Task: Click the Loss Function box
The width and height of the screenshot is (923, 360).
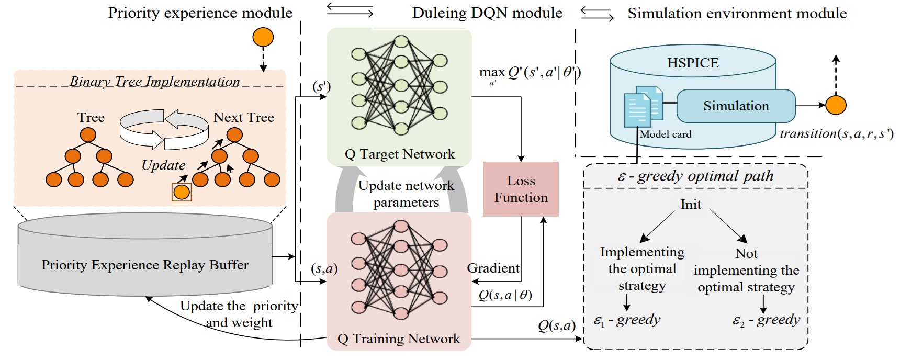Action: coord(521,189)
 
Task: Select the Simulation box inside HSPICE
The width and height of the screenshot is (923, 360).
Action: coord(736,106)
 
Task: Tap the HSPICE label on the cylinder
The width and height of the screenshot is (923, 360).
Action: coord(693,63)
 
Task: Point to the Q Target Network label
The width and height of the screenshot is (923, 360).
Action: coord(400,154)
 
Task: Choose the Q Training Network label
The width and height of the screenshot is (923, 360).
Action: coord(399,339)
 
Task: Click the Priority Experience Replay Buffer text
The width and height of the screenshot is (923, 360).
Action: coord(145,265)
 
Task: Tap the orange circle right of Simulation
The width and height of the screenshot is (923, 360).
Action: coord(836,105)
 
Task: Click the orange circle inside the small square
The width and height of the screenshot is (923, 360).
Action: coord(182,192)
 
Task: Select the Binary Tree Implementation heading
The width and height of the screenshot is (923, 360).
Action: coord(155,82)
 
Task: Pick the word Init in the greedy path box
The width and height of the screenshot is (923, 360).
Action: coord(691,205)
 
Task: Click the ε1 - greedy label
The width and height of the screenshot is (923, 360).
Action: coord(627,320)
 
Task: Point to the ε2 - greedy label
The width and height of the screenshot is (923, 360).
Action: coord(766,320)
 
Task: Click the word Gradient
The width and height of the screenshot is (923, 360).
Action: coord(493,268)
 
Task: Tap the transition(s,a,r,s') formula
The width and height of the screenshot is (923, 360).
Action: coord(836,134)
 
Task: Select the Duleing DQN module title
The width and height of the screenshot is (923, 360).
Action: coord(487,13)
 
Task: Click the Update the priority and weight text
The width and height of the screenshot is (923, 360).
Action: coord(239,314)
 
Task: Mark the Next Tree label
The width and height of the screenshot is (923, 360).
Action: coord(244,118)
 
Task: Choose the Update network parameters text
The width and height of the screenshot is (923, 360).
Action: coord(406,194)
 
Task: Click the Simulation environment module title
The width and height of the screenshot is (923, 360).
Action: coord(737,13)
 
